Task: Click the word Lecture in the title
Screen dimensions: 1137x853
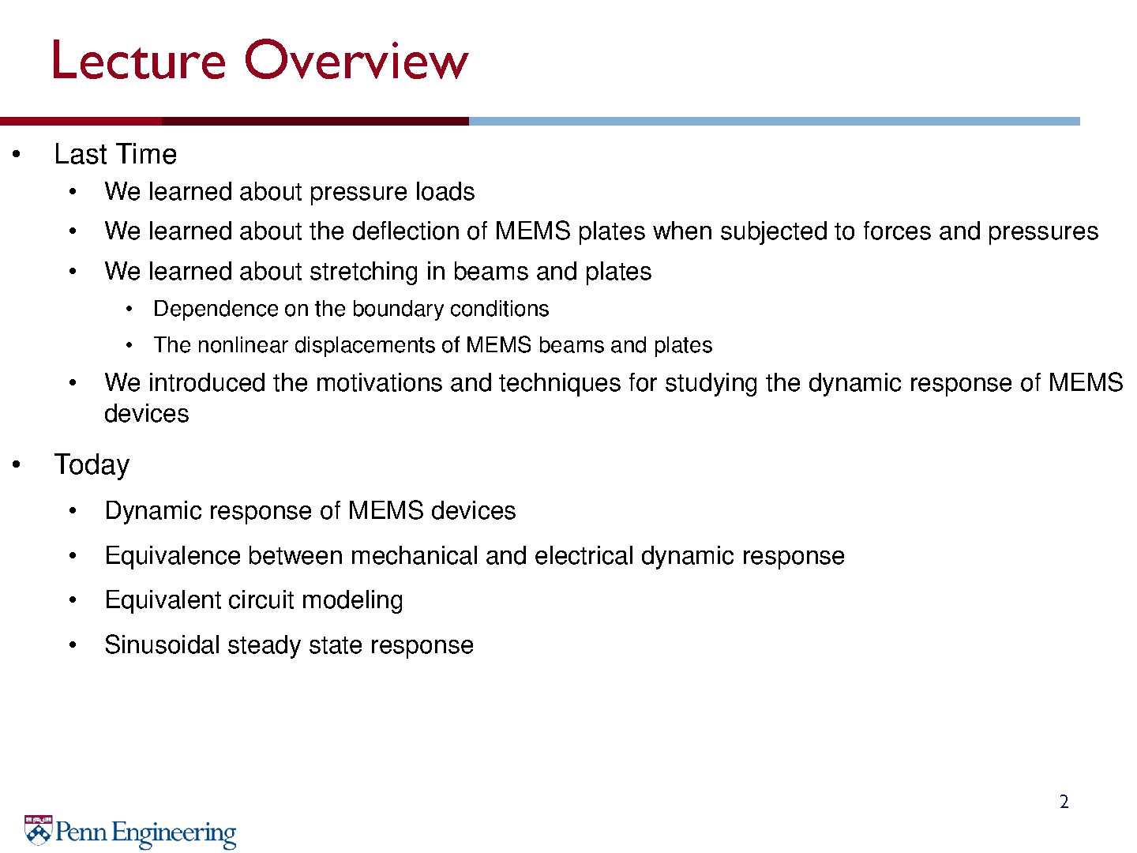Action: click(139, 60)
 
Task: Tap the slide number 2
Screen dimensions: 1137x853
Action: click(1064, 802)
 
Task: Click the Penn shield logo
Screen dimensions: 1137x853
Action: click(39, 830)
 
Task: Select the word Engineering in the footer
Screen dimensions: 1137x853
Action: click(174, 833)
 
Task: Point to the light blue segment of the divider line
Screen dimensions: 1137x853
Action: click(775, 121)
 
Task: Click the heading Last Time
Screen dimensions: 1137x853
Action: click(115, 154)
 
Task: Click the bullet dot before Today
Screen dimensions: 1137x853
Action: click(17, 464)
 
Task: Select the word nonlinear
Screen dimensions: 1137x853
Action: click(242, 345)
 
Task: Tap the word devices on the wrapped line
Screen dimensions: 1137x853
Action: click(147, 414)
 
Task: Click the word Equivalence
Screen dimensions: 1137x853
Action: click(172, 556)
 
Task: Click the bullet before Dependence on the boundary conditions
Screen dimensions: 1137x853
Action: click(129, 309)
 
